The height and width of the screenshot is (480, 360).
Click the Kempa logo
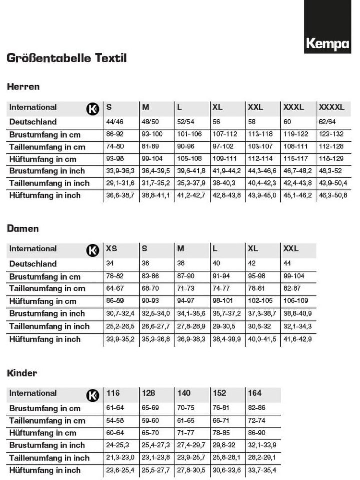(x=327, y=44)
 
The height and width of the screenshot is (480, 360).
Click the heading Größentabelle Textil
(x=67, y=58)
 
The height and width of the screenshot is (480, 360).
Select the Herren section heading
(x=23, y=87)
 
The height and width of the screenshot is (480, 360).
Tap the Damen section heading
(x=23, y=229)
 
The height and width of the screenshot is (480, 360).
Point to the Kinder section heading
(x=22, y=373)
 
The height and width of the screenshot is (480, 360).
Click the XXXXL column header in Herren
(x=331, y=107)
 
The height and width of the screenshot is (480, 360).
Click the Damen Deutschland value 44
(x=288, y=264)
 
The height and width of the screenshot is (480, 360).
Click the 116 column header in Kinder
(x=113, y=393)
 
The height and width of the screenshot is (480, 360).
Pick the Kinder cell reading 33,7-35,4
(x=262, y=470)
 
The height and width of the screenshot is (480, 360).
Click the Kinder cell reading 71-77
(x=186, y=433)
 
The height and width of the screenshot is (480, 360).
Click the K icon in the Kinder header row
(x=93, y=395)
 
